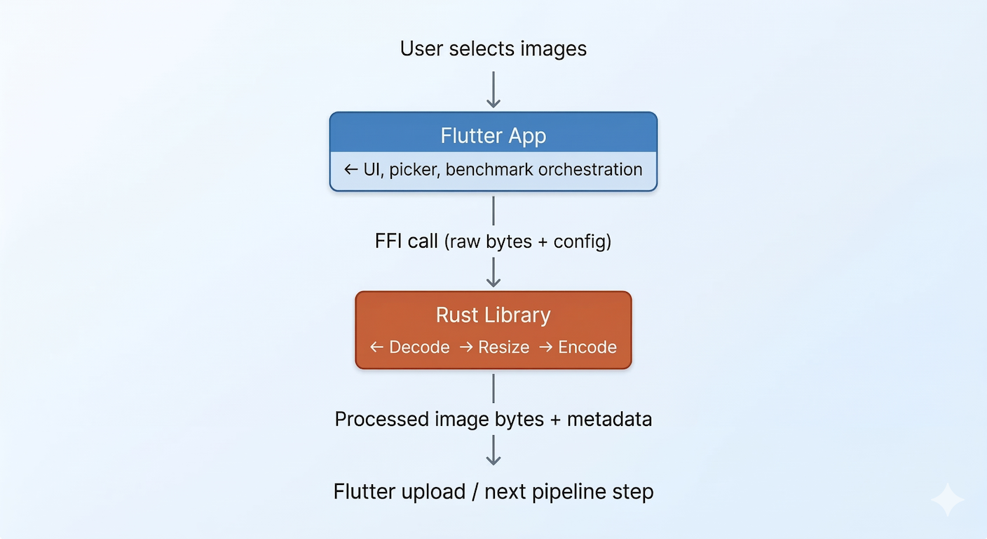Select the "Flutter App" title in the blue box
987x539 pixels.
tap(493, 135)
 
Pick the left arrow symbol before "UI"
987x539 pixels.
tap(351, 170)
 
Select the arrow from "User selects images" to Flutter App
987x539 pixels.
tap(494, 89)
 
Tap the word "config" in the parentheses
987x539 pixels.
tap(580, 241)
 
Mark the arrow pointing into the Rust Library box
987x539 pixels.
tap(494, 272)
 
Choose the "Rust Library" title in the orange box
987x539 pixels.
tap(493, 315)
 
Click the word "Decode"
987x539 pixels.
tap(419, 347)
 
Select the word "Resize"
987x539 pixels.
tap(503, 347)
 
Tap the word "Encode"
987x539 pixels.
tap(587, 347)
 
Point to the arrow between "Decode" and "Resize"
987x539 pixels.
tap(465, 347)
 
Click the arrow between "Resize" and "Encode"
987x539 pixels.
tap(545, 347)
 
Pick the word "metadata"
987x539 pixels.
tap(609, 420)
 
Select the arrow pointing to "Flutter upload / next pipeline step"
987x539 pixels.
tap(494, 450)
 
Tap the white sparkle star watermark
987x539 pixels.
tap(947, 500)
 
